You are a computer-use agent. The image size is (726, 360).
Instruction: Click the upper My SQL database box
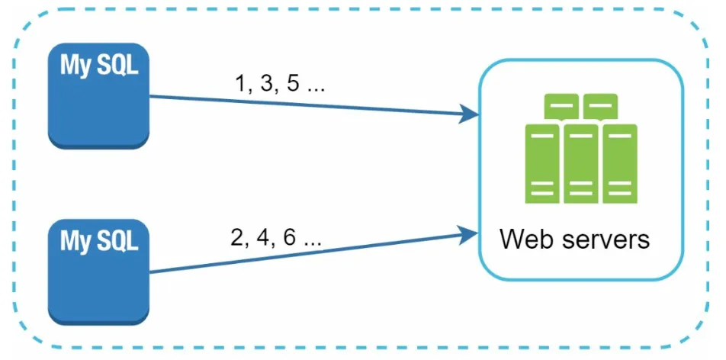pos(98,96)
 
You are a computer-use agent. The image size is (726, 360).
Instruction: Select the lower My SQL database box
pos(98,272)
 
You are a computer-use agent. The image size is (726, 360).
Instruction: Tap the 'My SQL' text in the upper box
pos(99,66)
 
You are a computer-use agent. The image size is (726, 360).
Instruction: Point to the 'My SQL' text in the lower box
pos(99,241)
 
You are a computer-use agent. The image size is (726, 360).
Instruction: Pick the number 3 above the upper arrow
pos(267,85)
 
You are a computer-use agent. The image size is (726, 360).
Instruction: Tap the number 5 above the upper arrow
pos(293,85)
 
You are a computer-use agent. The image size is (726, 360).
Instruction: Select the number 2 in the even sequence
pos(237,238)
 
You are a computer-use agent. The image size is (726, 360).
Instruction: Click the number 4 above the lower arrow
pos(263,238)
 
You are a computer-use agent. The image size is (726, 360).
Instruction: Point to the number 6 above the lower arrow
pos(289,238)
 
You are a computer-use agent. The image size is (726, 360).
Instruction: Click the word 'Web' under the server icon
pos(529,239)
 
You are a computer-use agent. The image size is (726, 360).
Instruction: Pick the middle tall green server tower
pos(581,163)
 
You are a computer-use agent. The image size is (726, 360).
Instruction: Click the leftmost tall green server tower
pos(542,163)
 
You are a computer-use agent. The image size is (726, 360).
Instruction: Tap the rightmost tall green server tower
pos(620,163)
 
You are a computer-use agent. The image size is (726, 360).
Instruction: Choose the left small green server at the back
pos(561,107)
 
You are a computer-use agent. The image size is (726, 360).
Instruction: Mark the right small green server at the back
pos(600,107)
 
